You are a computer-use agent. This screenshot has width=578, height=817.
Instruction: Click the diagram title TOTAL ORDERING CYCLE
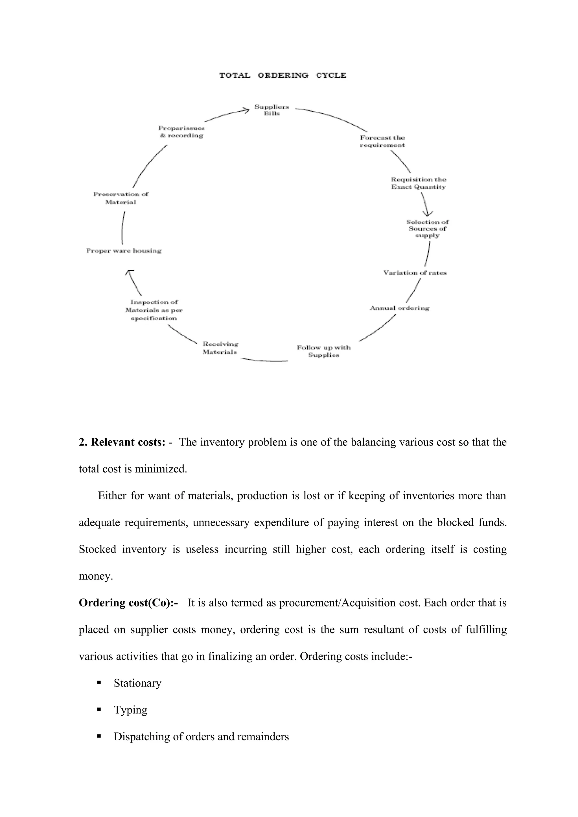[283, 76]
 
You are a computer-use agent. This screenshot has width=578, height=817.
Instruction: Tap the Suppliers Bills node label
[272, 110]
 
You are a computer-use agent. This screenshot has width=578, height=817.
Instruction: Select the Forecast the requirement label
[382, 141]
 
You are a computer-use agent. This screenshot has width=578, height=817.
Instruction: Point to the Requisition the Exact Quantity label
[419, 183]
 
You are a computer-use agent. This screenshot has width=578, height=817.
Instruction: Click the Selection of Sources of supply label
[427, 228]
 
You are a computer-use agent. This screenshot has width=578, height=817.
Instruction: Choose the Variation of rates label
[415, 273]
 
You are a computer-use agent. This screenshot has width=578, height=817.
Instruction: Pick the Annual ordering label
[400, 308]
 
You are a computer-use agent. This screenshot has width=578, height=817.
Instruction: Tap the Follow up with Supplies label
[323, 351]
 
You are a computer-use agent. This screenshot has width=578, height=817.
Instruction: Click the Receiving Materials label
[220, 348]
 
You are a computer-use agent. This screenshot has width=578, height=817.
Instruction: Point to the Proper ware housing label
[124, 251]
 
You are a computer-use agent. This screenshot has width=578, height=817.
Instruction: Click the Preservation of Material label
[121, 198]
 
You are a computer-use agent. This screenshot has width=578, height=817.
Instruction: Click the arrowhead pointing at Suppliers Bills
[246, 110]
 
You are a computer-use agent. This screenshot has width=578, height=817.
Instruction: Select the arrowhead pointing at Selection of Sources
[427, 213]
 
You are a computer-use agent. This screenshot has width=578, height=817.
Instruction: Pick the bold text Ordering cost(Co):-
[128, 603]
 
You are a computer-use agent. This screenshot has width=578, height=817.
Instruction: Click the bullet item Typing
[130, 710]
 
